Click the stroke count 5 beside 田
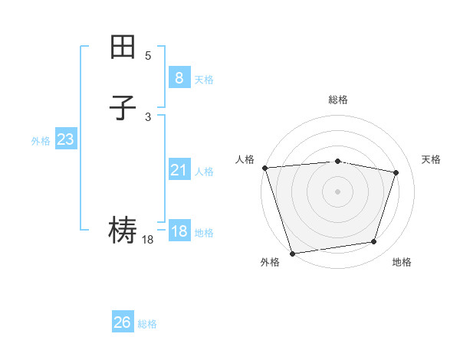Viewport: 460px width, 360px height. click(x=148, y=56)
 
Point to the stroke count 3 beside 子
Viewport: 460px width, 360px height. click(x=148, y=117)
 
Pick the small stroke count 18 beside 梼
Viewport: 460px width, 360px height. click(x=148, y=240)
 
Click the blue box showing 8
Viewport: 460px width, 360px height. click(x=179, y=77)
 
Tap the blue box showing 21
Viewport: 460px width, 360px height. click(x=179, y=170)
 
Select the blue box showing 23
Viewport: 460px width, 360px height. click(x=65, y=139)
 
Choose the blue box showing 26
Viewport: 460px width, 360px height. click(x=122, y=322)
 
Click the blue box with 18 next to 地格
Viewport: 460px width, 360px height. click(x=179, y=231)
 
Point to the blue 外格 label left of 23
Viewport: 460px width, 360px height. click(x=41, y=141)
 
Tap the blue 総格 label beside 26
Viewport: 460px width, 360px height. click(x=147, y=324)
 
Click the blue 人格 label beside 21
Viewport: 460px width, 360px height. click(x=204, y=172)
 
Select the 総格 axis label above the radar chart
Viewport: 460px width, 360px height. click(x=337, y=100)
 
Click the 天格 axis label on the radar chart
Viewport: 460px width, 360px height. click(x=431, y=159)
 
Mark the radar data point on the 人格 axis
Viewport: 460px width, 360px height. click(x=264, y=167)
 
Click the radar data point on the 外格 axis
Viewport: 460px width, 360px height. click(x=292, y=252)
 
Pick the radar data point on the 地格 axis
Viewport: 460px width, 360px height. click(x=374, y=242)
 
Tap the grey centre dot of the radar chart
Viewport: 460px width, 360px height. click(x=337, y=191)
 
